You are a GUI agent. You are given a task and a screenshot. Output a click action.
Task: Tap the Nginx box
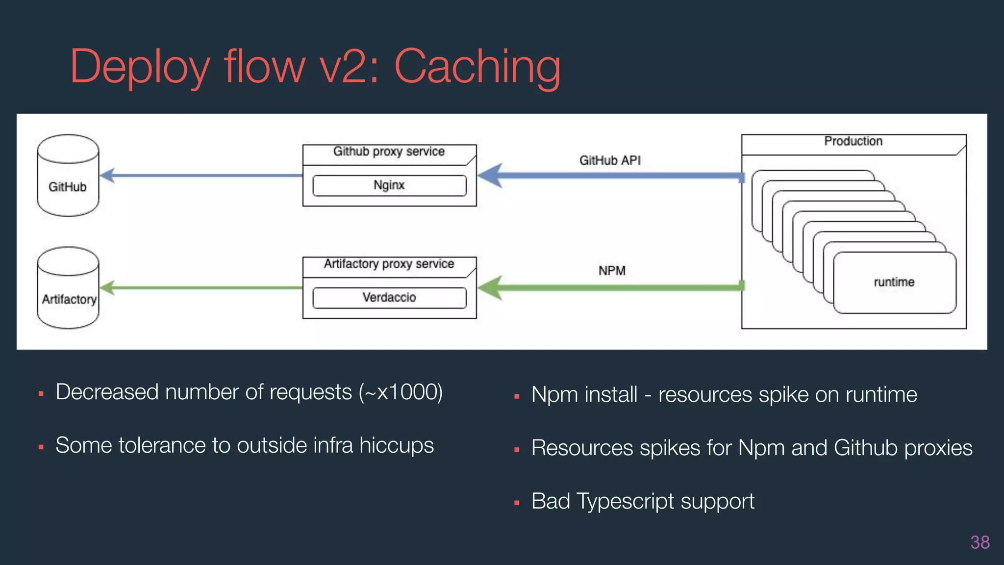pos(389,185)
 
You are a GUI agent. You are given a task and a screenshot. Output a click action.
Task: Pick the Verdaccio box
pos(389,298)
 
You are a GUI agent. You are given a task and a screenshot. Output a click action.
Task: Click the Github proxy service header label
pos(389,152)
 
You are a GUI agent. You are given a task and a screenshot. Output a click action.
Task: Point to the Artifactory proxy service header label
pos(389,264)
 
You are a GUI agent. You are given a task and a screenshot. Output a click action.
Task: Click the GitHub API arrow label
pos(610,160)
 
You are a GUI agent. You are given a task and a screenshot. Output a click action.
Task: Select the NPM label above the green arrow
pos(612,271)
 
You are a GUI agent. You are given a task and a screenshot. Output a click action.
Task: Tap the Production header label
pos(853,141)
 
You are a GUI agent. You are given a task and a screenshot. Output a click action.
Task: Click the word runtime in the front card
pos(894,282)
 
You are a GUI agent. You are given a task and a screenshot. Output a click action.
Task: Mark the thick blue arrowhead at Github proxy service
pos(490,176)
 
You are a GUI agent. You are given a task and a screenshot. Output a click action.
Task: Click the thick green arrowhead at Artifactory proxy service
pos(490,287)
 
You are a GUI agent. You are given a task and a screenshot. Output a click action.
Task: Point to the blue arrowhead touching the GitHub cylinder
pos(107,175)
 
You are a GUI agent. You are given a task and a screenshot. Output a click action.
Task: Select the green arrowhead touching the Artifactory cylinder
pos(107,287)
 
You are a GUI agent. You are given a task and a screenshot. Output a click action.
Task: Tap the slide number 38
pos(979,542)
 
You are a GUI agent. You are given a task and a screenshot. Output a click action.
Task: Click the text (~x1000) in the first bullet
pos(401,392)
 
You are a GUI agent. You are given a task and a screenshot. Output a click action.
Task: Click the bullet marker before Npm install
pos(516,396)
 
